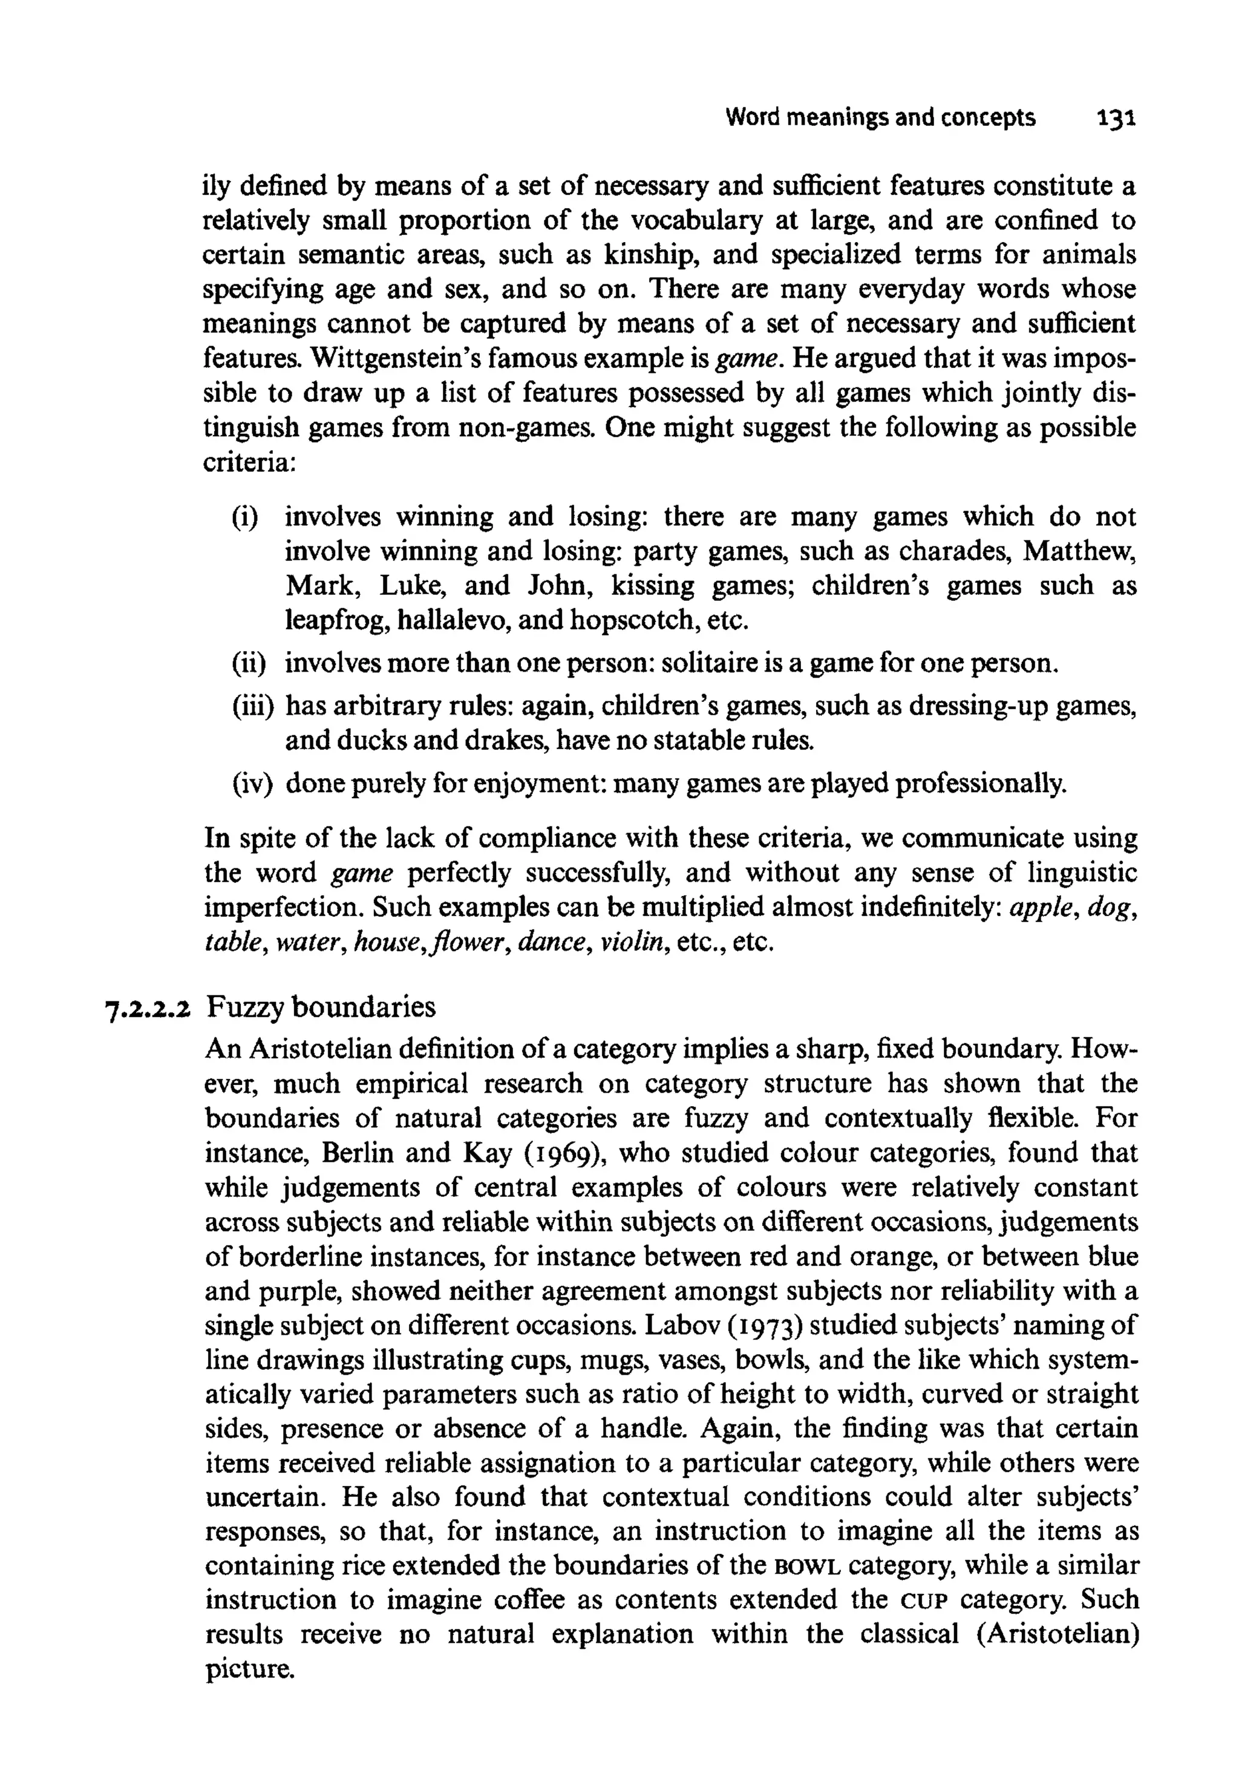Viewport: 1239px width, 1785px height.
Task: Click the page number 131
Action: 1116,119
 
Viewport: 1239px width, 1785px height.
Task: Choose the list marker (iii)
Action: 253,707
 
